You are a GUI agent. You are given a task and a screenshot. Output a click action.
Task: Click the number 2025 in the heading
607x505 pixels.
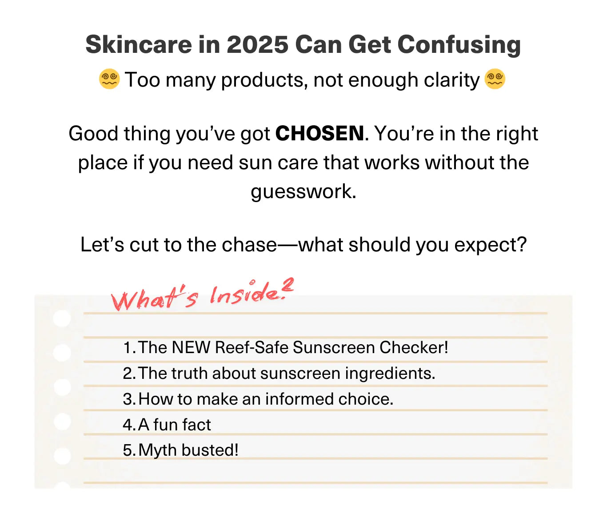[x=257, y=44]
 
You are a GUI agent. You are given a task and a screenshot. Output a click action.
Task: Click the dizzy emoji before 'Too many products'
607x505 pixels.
[x=109, y=79]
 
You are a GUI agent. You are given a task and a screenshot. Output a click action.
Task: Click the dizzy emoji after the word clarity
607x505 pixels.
[x=495, y=79]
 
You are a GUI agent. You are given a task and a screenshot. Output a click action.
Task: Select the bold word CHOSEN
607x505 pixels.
[x=319, y=133]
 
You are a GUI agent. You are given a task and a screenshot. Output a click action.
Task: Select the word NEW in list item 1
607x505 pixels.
[x=191, y=347]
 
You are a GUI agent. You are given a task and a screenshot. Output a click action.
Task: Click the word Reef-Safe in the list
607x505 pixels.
[x=251, y=347]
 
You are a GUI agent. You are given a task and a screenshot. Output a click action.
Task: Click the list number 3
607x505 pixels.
[x=128, y=399]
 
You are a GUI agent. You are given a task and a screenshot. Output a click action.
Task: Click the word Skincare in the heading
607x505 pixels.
[x=139, y=44]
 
